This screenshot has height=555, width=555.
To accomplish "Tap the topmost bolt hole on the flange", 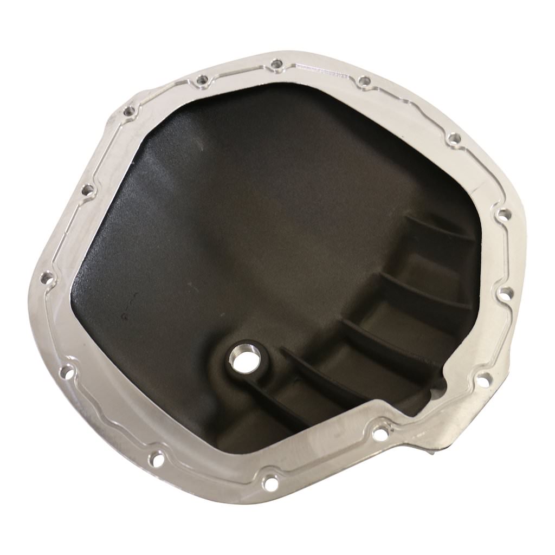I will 276,64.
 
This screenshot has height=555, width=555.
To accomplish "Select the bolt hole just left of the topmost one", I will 202,81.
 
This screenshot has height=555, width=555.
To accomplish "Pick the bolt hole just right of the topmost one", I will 364,81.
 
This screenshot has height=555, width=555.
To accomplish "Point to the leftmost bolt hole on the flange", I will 47,278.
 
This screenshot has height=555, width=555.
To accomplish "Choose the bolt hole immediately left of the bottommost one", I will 156,460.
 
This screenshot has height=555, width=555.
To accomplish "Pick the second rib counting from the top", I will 423,287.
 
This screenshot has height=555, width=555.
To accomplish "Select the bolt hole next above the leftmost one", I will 87,190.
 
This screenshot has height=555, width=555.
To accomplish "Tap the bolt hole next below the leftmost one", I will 67,372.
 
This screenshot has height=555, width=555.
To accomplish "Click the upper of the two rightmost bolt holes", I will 504,215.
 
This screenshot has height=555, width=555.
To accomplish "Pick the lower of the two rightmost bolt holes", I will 505,293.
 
